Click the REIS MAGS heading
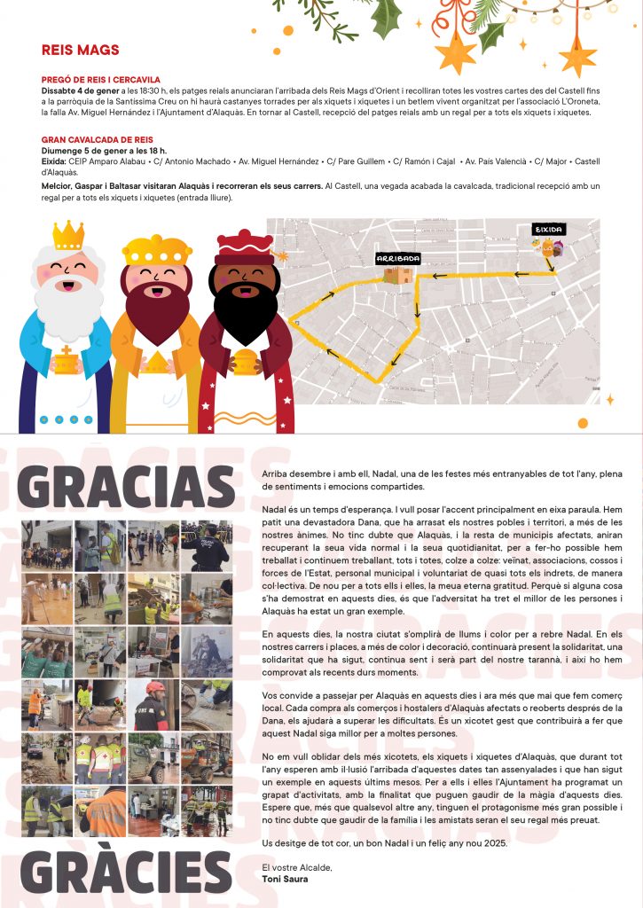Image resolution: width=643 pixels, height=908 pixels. click(x=80, y=50)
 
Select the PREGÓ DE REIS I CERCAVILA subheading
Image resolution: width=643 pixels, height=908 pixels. click(x=108, y=80)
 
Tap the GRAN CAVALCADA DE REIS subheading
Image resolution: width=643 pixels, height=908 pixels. click(x=98, y=140)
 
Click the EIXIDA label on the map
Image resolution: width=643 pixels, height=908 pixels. click(x=548, y=229)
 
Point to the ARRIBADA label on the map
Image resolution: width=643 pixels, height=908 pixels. click(x=397, y=258)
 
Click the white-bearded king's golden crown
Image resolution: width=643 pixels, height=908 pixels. click(x=68, y=236)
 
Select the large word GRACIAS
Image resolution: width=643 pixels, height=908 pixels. click(x=126, y=488)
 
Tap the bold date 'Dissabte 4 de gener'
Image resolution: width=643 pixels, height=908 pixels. click(x=80, y=90)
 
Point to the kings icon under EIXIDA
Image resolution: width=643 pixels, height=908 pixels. click(x=550, y=249)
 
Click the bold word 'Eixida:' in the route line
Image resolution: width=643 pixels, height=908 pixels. click(x=53, y=161)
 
